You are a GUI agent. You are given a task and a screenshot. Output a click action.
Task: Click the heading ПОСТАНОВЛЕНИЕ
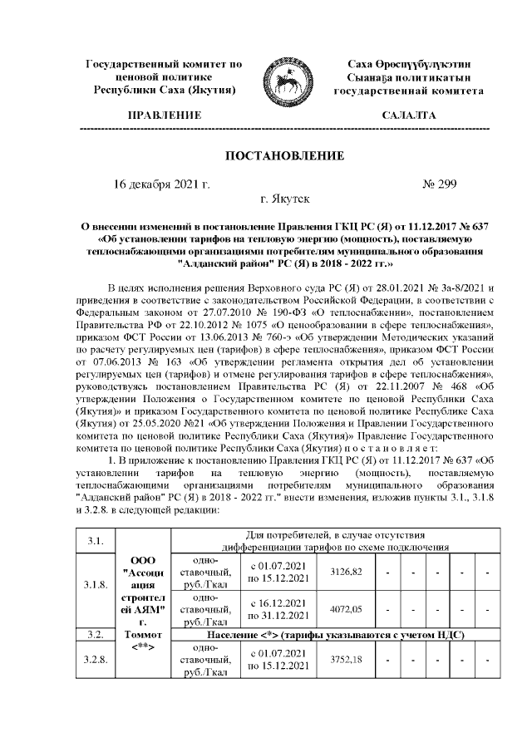tap(284, 155)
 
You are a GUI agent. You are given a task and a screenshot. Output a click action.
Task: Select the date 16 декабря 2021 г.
tap(161, 183)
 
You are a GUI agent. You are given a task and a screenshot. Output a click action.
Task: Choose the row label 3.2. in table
tap(98, 635)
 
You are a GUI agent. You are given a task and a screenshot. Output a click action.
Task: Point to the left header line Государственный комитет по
tap(164, 64)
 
